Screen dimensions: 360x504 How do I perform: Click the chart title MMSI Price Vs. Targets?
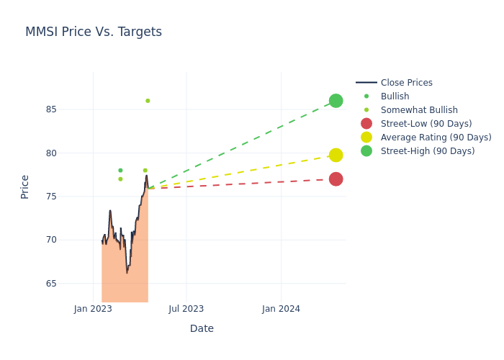[94, 32]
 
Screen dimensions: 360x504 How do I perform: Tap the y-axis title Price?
[25, 186]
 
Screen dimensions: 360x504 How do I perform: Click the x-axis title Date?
[202, 328]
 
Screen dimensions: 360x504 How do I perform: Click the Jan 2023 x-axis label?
[93, 309]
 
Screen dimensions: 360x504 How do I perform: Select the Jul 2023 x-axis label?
[186, 309]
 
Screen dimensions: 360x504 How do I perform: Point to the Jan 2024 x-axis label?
[281, 309]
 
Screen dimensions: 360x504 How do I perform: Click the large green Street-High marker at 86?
[336, 101]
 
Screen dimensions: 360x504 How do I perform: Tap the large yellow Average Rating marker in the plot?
[336, 155]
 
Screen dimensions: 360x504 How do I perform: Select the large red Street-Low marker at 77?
[336, 179]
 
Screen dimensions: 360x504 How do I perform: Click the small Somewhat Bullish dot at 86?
[148, 101]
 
